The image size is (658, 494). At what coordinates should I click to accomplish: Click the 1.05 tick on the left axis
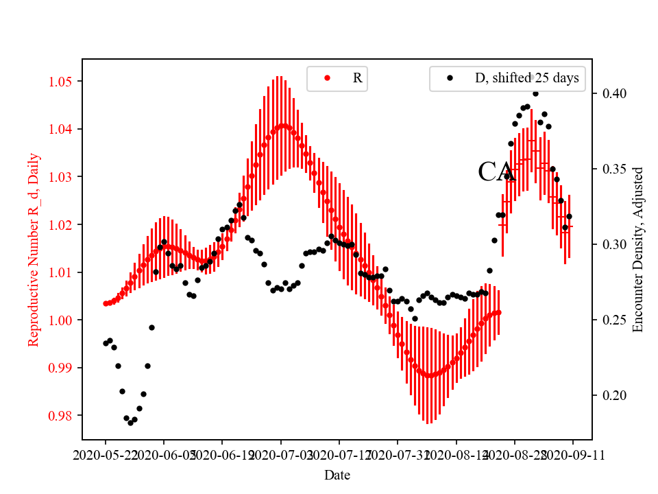[x=63, y=82]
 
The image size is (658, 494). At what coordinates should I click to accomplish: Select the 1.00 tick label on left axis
[x=63, y=320]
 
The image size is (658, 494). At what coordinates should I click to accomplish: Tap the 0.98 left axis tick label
[x=63, y=415]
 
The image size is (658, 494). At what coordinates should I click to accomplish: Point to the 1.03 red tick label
[x=63, y=177]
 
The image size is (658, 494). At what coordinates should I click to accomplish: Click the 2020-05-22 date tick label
[x=106, y=454]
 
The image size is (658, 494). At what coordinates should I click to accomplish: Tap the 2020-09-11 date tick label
[x=573, y=454]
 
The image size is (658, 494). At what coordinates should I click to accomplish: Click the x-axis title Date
[x=337, y=474]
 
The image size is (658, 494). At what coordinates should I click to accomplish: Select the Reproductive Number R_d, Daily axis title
[x=34, y=249]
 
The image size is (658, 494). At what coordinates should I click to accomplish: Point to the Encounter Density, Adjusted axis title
[x=638, y=249]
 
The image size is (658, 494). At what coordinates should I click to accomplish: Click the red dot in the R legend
[x=327, y=78]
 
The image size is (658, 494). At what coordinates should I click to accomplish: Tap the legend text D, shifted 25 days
[x=526, y=78]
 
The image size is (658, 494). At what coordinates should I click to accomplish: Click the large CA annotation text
[x=496, y=172]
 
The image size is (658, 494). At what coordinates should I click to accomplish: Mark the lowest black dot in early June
[x=130, y=423]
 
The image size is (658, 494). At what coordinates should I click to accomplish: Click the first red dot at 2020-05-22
[x=106, y=303]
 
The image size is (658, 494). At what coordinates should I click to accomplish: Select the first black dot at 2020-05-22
[x=106, y=343]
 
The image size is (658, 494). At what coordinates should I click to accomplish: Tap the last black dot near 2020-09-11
[x=569, y=217]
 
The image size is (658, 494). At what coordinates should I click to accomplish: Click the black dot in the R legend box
[x=450, y=78]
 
